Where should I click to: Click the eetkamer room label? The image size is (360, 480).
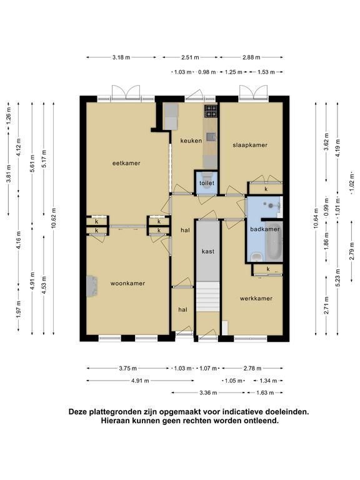(126, 163)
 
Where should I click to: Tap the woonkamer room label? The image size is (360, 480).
(127, 284)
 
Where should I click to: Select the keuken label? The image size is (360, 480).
(191, 141)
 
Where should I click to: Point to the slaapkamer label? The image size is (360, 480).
(250, 145)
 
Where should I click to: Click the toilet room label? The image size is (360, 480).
(207, 183)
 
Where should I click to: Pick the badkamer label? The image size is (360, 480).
(265, 229)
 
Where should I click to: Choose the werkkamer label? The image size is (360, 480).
(256, 299)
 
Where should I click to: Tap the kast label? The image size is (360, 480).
(208, 252)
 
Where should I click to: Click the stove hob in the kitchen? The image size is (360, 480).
(211, 111)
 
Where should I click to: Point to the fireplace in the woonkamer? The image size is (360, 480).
(91, 286)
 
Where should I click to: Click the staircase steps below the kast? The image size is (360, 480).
(208, 297)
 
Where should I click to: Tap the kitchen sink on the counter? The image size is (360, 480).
(211, 137)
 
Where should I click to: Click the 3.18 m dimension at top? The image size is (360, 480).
(121, 57)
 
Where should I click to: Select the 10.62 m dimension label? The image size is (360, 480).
(54, 218)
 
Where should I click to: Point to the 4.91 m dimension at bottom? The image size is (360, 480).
(140, 381)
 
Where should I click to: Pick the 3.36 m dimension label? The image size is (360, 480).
(208, 392)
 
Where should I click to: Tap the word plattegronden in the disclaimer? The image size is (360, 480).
(117, 412)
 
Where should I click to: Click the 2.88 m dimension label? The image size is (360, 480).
(251, 57)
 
